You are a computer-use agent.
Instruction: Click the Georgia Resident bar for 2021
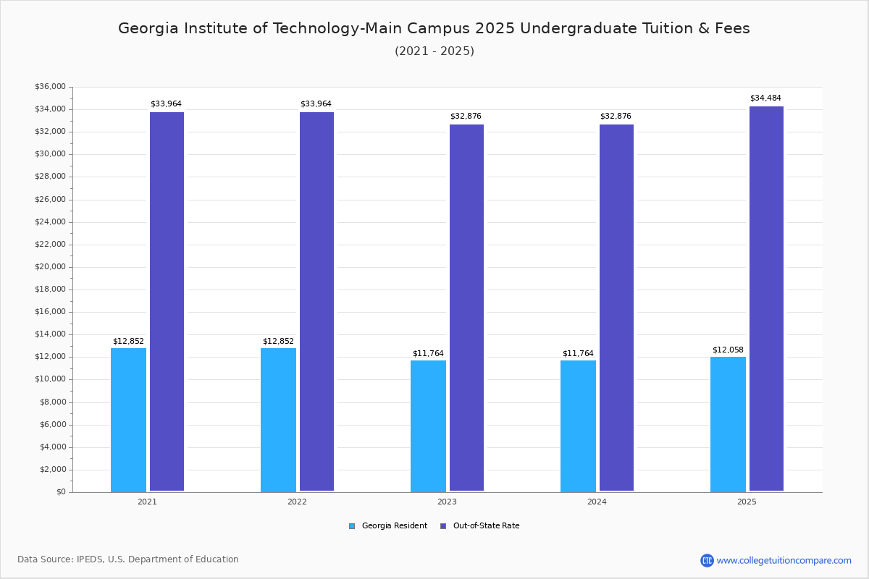[x=128, y=420]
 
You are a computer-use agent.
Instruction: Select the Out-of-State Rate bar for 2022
[x=316, y=301]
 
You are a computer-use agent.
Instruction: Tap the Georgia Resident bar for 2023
[x=428, y=426]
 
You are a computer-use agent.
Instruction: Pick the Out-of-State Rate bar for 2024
[x=616, y=308]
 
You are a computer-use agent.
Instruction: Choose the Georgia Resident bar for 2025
[x=728, y=424]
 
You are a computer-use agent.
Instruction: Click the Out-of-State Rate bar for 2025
[x=766, y=298]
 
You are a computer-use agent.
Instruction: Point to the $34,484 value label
[x=765, y=98]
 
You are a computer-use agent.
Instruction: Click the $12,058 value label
[x=728, y=350]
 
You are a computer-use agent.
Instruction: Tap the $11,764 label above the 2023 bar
[x=428, y=353]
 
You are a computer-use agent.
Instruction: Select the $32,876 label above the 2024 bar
[x=616, y=116]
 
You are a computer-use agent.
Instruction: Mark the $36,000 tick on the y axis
[x=50, y=87]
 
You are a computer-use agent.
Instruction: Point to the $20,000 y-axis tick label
[x=50, y=267]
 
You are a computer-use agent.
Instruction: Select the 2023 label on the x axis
[x=447, y=502]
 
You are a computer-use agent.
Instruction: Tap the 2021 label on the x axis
[x=147, y=502]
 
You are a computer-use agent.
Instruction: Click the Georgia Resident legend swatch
[x=352, y=526]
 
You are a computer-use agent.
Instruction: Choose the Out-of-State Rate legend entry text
[x=486, y=526]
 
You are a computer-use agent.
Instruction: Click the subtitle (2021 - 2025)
[x=434, y=51]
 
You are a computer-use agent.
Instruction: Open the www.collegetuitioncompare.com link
[x=784, y=560]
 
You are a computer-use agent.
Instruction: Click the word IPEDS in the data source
[x=90, y=559]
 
